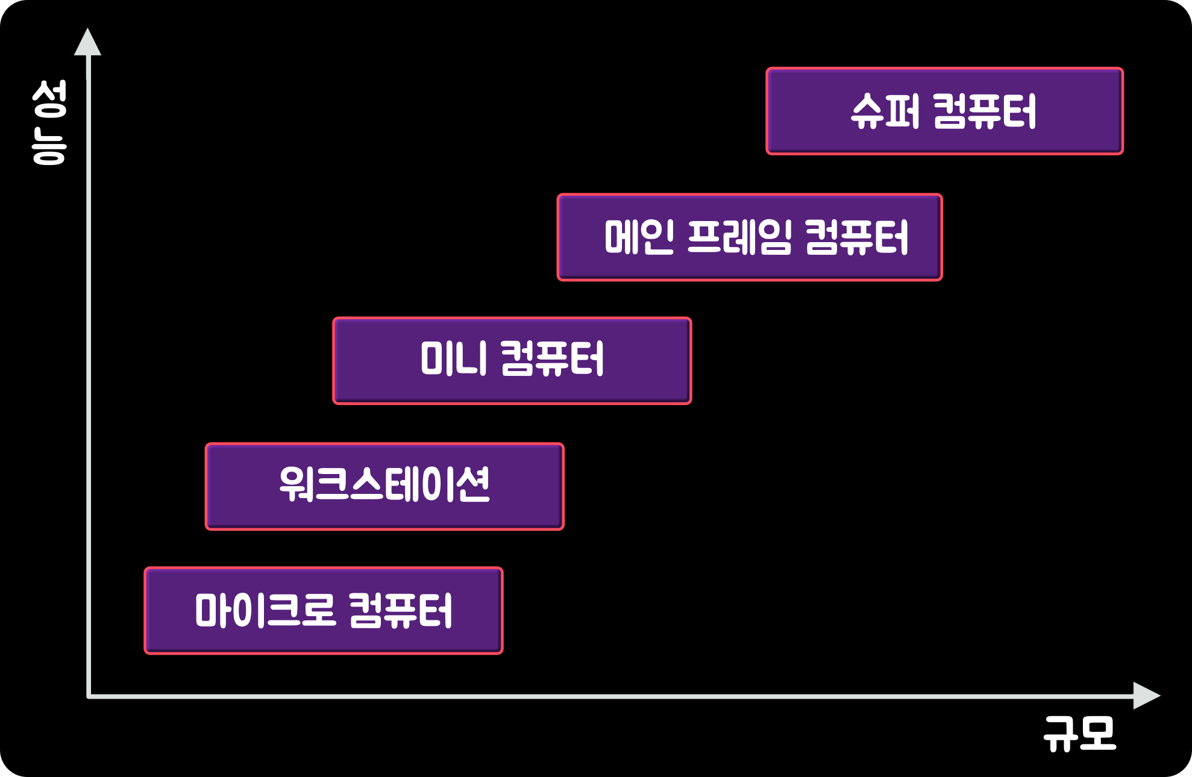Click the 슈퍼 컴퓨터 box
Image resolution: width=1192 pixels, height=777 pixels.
[944, 111]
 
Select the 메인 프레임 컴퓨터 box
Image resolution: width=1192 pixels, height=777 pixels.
[750, 237]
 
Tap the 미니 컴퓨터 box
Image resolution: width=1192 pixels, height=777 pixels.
[512, 361]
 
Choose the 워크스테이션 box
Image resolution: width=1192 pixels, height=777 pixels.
[384, 487]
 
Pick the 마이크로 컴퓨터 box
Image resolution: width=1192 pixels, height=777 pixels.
[324, 611]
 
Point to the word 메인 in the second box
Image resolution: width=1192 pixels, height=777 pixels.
[639, 237]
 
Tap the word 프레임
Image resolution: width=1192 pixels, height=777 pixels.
[739, 237]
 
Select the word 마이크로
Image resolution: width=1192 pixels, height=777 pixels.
[265, 611]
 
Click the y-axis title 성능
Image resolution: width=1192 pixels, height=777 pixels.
[49, 122]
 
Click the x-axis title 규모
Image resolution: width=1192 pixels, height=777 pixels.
[1080, 734]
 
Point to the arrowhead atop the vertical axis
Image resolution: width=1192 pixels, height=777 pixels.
[88, 43]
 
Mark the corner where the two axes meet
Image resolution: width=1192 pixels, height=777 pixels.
[89, 696]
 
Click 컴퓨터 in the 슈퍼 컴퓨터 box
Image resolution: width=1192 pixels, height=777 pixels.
[985, 111]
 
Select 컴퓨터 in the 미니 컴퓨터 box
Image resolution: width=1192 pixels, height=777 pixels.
[552, 359]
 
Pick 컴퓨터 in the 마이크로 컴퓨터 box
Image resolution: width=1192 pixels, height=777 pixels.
[401, 611]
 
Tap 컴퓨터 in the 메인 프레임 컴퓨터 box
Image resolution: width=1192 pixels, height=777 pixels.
[856, 237]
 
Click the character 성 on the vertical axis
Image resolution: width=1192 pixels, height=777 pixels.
[49, 99]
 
